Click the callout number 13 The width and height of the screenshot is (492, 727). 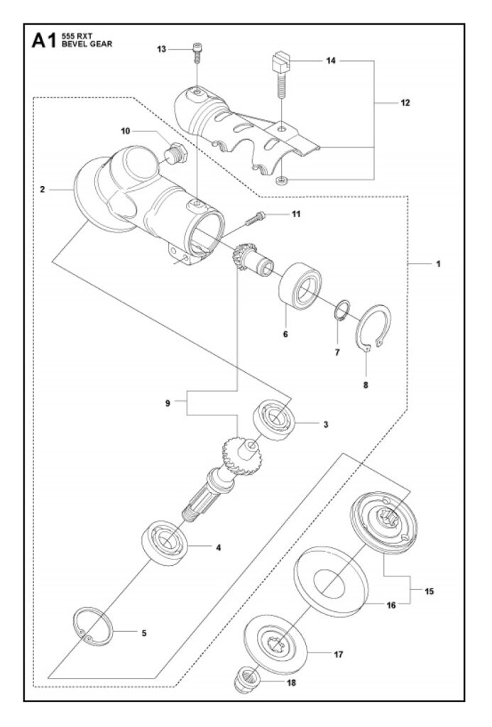click(161, 50)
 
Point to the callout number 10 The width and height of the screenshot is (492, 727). click(125, 131)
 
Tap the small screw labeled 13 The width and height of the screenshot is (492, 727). click(197, 53)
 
